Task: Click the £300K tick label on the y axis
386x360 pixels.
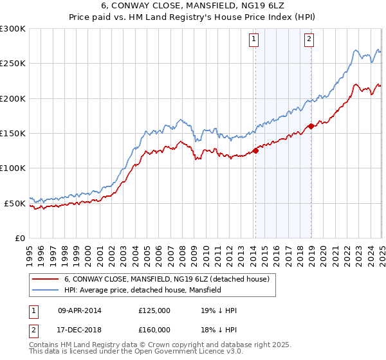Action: pos(12,29)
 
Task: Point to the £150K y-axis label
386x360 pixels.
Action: pos(12,133)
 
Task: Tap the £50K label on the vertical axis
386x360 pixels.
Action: pos(14,203)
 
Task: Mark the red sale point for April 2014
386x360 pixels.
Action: pos(255,151)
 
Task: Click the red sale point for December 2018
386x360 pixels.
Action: pos(311,126)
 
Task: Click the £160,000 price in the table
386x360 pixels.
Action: pos(154,329)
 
